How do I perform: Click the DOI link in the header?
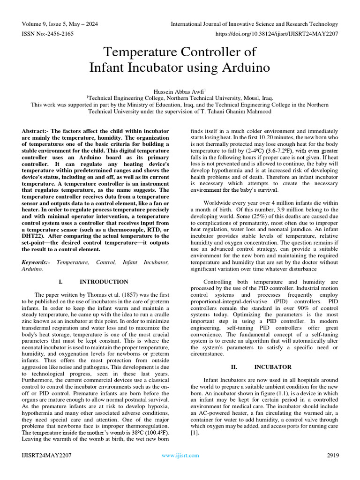(277, 34)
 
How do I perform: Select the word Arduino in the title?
(247, 67)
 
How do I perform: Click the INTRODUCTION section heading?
(104, 282)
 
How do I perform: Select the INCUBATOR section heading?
(273, 367)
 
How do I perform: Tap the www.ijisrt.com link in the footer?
(180, 455)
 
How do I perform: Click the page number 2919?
(333, 455)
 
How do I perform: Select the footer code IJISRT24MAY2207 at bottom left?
(46, 455)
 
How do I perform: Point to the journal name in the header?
(255, 24)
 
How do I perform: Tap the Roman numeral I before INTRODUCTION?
(60, 282)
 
